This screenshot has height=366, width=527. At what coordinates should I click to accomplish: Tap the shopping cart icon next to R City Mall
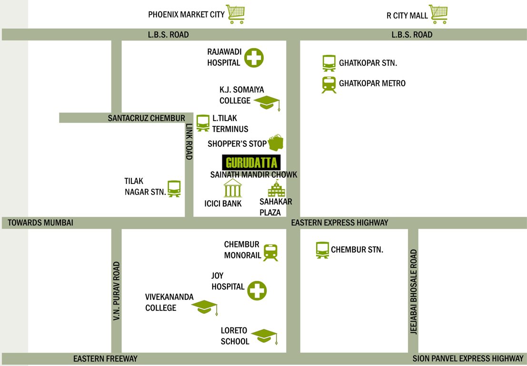pyautogui.click(x=438, y=14)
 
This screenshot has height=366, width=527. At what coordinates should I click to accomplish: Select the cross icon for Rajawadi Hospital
pyautogui.click(x=254, y=58)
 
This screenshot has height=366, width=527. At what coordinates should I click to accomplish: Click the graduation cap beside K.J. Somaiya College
pyautogui.click(x=267, y=102)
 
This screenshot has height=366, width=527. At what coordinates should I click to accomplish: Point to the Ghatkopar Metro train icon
pyautogui.click(x=329, y=84)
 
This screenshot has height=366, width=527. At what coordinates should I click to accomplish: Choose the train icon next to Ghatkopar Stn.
pyautogui.click(x=329, y=63)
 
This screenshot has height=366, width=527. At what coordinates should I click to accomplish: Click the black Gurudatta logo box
pyautogui.click(x=252, y=163)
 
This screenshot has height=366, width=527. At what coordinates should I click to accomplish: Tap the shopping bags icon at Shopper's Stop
pyautogui.click(x=276, y=142)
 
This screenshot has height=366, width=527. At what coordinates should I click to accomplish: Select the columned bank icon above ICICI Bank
pyautogui.click(x=233, y=188)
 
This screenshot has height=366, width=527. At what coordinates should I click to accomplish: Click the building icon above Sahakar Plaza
pyautogui.click(x=276, y=190)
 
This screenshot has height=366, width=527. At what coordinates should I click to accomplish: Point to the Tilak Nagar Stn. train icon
pyautogui.click(x=174, y=188)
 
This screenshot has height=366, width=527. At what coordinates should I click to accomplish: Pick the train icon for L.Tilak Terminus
pyautogui.click(x=203, y=122)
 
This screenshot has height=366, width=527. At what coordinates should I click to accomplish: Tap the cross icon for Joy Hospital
pyautogui.click(x=257, y=290)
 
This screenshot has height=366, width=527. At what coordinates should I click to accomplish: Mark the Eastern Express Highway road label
pyautogui.click(x=340, y=223)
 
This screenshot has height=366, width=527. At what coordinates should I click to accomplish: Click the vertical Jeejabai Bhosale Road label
pyautogui.click(x=413, y=292)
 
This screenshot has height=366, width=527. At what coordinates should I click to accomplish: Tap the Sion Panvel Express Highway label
pyautogui.click(x=468, y=359)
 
